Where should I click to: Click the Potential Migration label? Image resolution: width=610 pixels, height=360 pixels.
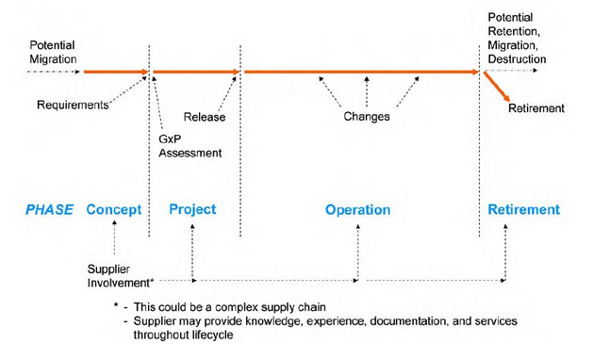52,52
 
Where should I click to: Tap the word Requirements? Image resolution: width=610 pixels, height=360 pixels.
73,104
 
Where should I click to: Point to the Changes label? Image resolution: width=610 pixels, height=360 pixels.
367,117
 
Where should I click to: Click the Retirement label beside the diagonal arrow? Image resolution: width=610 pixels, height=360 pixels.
536,108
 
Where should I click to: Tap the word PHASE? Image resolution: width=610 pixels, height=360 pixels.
49,210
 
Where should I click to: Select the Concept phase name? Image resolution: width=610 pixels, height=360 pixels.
114,210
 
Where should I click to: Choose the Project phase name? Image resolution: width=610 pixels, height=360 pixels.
192,209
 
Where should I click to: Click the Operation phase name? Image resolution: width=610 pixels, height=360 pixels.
357,210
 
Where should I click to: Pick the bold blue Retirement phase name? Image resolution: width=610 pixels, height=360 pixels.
523,209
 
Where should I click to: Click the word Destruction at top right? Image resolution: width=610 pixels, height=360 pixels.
517,59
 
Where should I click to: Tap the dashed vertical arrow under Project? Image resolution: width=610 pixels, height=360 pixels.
192,250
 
